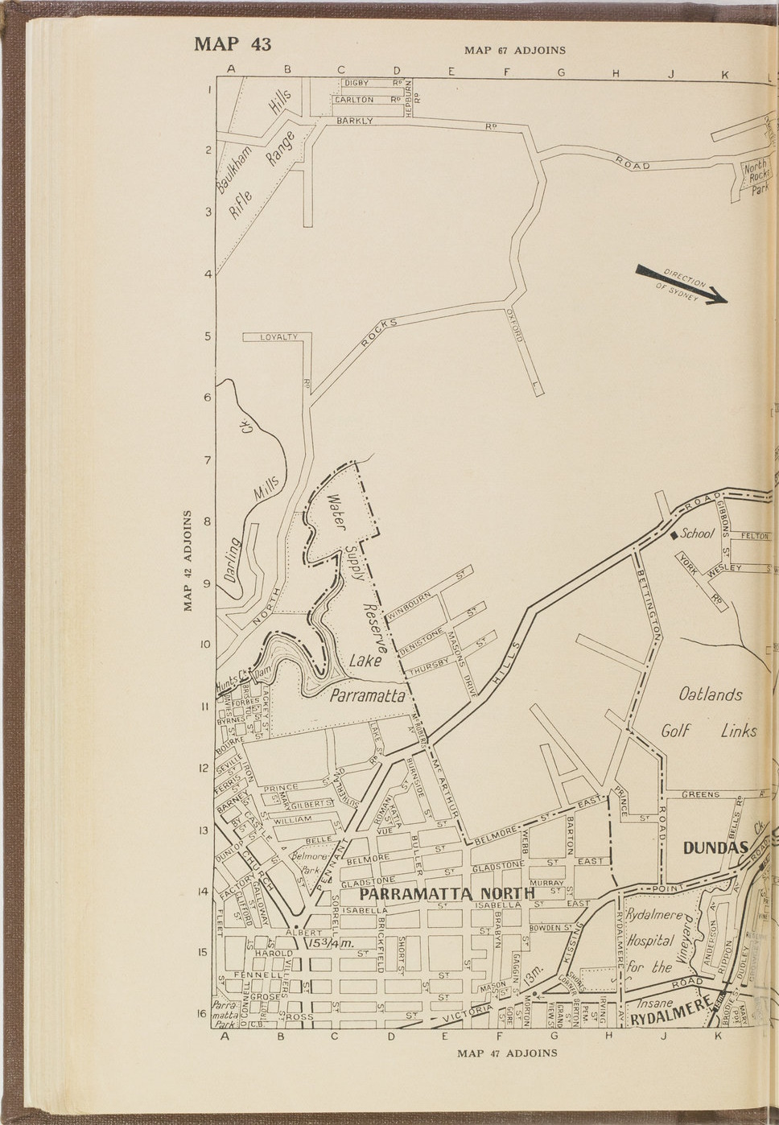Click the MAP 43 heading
233,43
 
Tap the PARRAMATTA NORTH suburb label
447,894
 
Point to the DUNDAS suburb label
715,847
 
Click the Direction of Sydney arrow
682,284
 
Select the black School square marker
674,535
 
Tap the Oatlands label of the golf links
711,694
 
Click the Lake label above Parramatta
364,661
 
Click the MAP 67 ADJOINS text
515,51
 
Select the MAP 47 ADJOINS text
507,1053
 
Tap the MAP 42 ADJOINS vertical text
188,560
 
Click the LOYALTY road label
278,337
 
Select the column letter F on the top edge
506,71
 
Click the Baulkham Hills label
253,141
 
